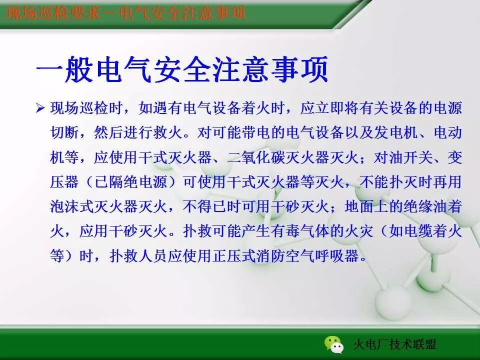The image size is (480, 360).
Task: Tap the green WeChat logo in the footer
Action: pyautogui.click(x=333, y=344)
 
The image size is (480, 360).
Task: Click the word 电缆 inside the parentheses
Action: pyautogui.click(x=419, y=231)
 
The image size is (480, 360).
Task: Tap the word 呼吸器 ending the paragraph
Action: pyautogui.click(x=343, y=256)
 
